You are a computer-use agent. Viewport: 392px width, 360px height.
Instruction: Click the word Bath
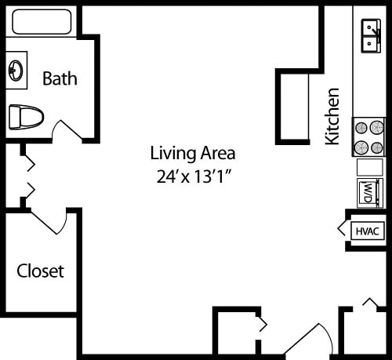(60, 78)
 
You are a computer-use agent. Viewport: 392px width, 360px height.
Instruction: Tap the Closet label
(41, 271)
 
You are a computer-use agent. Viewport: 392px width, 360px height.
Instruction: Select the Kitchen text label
(333, 116)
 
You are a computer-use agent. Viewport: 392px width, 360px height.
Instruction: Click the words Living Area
(193, 153)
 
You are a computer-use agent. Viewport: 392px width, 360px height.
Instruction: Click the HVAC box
(368, 231)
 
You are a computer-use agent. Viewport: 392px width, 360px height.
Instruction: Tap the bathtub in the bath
(42, 21)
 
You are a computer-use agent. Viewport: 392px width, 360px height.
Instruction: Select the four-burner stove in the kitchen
(368, 136)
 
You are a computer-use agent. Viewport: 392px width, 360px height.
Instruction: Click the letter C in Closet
(23, 271)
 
